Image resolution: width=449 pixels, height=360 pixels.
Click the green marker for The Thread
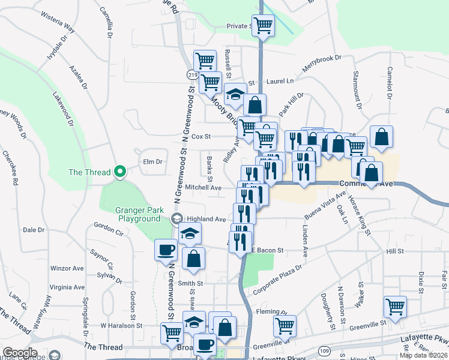[x=119, y=172]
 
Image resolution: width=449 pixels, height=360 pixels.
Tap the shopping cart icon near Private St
[x=263, y=25]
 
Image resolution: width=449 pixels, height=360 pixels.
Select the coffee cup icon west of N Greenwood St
[x=165, y=250]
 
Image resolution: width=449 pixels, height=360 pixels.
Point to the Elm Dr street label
[x=152, y=162]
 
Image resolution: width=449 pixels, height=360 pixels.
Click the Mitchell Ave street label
[x=203, y=188]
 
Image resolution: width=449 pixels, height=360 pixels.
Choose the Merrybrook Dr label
[x=321, y=63]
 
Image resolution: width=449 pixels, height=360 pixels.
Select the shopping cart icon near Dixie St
[x=395, y=306]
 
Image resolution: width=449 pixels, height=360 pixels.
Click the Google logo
[x=20, y=353]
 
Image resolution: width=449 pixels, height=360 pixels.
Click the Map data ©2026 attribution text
[x=424, y=355]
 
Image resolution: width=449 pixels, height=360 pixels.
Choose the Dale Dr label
[x=34, y=230]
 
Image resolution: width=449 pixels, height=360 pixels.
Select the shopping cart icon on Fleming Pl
[x=285, y=326]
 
